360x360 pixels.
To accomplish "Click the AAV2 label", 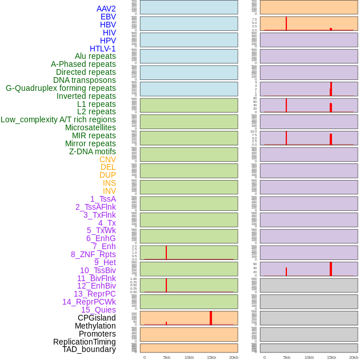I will pos(106,9).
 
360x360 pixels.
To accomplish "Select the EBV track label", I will pos(108,17).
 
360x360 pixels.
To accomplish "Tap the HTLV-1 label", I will pos(102,49).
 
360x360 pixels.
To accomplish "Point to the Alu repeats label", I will pos(95,56).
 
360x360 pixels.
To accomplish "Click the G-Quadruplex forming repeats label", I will pos(61,88).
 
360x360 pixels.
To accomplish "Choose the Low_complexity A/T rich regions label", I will pos(58,119).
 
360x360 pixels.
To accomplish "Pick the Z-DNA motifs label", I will pos(92,151).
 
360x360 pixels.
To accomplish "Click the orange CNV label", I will pos(107,159).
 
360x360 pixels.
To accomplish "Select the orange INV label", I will pos(109,191).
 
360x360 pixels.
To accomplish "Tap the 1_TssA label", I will pos(103,199).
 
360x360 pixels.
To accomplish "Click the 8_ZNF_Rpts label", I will pos(93,254).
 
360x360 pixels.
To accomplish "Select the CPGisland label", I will pos(97,318).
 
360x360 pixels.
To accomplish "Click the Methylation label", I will pos(95,326).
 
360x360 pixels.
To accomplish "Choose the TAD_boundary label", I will pos(89,349).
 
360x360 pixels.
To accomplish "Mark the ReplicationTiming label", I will pos(85,342).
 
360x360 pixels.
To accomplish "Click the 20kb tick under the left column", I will pos(234,357).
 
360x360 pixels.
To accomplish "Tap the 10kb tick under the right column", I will pos(309,357).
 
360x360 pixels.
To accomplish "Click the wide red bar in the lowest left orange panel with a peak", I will pos(211,318).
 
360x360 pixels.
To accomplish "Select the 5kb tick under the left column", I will pos(167,357).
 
